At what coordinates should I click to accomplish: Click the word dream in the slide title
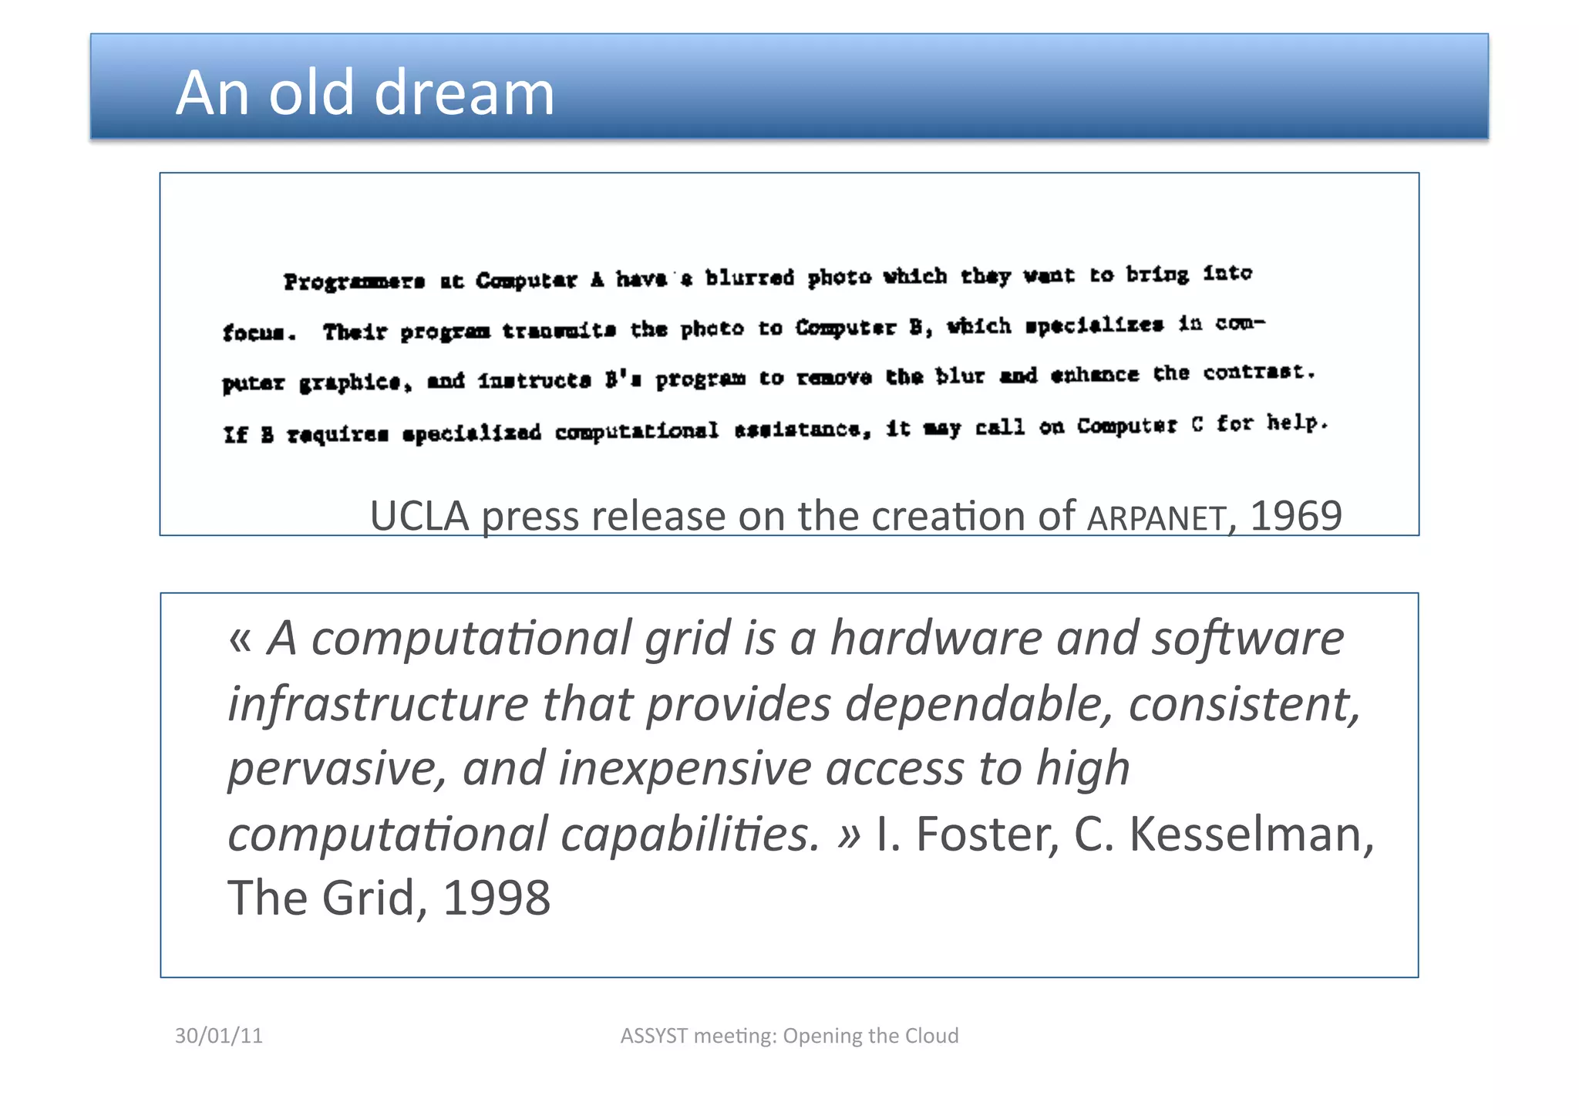pos(464,93)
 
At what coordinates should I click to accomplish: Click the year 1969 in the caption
pos(1295,515)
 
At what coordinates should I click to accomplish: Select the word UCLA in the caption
pos(419,515)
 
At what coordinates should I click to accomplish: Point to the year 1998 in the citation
pos(497,898)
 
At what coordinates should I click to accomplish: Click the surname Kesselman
pos(1251,834)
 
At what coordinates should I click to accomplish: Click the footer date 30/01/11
pos(219,1035)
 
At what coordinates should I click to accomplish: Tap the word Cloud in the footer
pos(931,1035)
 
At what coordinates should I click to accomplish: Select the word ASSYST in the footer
pos(654,1035)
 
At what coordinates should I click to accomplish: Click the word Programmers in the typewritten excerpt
pos(354,282)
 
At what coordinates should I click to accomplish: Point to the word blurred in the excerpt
pos(749,278)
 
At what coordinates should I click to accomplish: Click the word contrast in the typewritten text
pos(1258,373)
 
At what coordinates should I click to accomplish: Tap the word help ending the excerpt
pos(1297,423)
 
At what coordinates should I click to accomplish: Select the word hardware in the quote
pos(935,639)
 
